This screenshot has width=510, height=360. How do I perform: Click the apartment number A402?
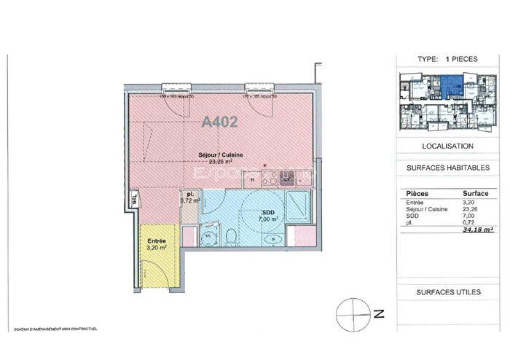point(220,122)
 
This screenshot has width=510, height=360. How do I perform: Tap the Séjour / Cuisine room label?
point(221,154)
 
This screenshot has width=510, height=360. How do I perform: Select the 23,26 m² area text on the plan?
point(221,162)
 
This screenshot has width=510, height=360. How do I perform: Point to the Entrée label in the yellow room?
point(157,241)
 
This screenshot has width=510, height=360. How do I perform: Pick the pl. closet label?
point(189,195)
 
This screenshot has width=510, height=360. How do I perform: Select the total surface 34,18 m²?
point(479,230)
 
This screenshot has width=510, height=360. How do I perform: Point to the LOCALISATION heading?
point(447,146)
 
